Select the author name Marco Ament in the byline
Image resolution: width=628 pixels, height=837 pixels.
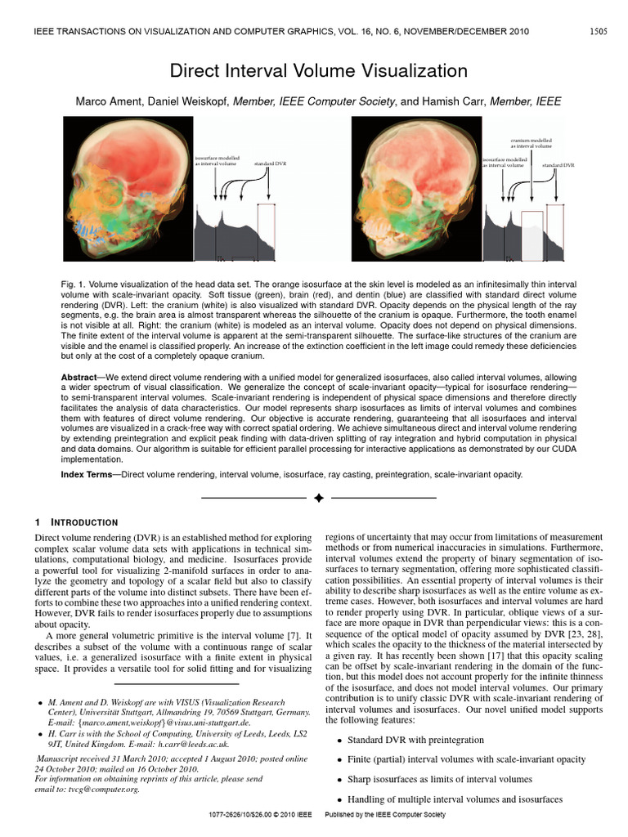coord(110,101)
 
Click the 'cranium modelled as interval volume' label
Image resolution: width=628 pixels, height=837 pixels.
coord(532,143)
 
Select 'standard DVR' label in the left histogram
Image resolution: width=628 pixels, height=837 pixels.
coord(270,164)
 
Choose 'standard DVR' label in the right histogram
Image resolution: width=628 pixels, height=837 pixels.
coord(558,164)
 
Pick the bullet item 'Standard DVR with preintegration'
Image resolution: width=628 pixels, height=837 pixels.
coord(404,740)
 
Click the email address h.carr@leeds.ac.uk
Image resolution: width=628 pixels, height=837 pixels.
coord(194,745)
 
